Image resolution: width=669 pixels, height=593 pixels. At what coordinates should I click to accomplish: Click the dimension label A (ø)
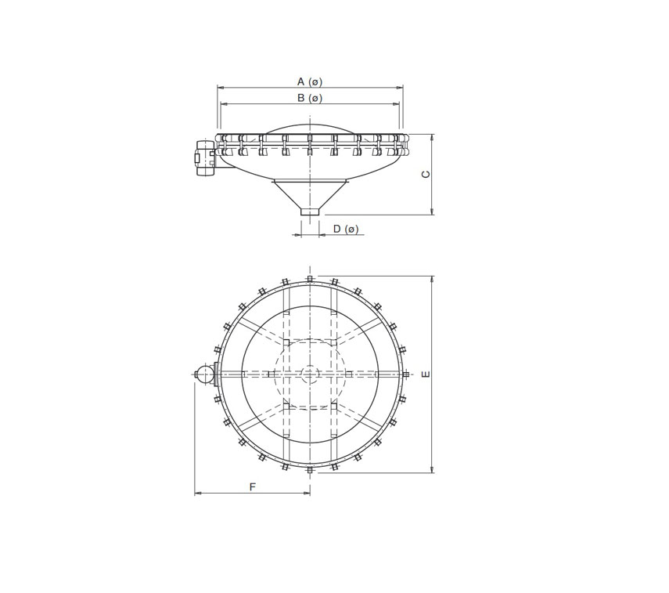click(310, 81)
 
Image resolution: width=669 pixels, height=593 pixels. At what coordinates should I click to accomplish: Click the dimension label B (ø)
click(310, 98)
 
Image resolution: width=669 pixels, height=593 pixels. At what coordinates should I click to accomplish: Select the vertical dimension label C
click(426, 174)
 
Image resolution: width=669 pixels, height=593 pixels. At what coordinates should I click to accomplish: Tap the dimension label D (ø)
click(345, 229)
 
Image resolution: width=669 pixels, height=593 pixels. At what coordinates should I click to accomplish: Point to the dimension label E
click(426, 374)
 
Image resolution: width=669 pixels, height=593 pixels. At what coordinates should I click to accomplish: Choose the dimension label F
click(252, 486)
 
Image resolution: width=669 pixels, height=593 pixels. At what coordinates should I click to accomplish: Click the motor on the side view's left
click(205, 159)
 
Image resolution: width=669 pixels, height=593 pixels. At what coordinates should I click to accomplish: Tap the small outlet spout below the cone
click(311, 212)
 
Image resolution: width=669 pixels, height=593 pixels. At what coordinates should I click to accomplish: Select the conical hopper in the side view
click(311, 193)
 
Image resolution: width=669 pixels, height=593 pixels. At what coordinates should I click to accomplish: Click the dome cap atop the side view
click(311, 128)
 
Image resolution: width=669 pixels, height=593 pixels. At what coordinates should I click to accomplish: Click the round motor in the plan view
click(203, 374)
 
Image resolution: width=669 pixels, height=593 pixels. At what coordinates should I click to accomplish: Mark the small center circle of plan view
click(311, 374)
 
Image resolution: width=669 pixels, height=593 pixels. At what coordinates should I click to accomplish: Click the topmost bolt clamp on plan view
click(311, 279)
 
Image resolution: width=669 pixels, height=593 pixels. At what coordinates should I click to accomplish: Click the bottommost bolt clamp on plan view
click(311, 470)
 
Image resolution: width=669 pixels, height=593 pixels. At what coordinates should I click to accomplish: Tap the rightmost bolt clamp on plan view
click(406, 374)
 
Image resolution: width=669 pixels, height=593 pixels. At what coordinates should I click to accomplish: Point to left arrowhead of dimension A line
click(220, 88)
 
